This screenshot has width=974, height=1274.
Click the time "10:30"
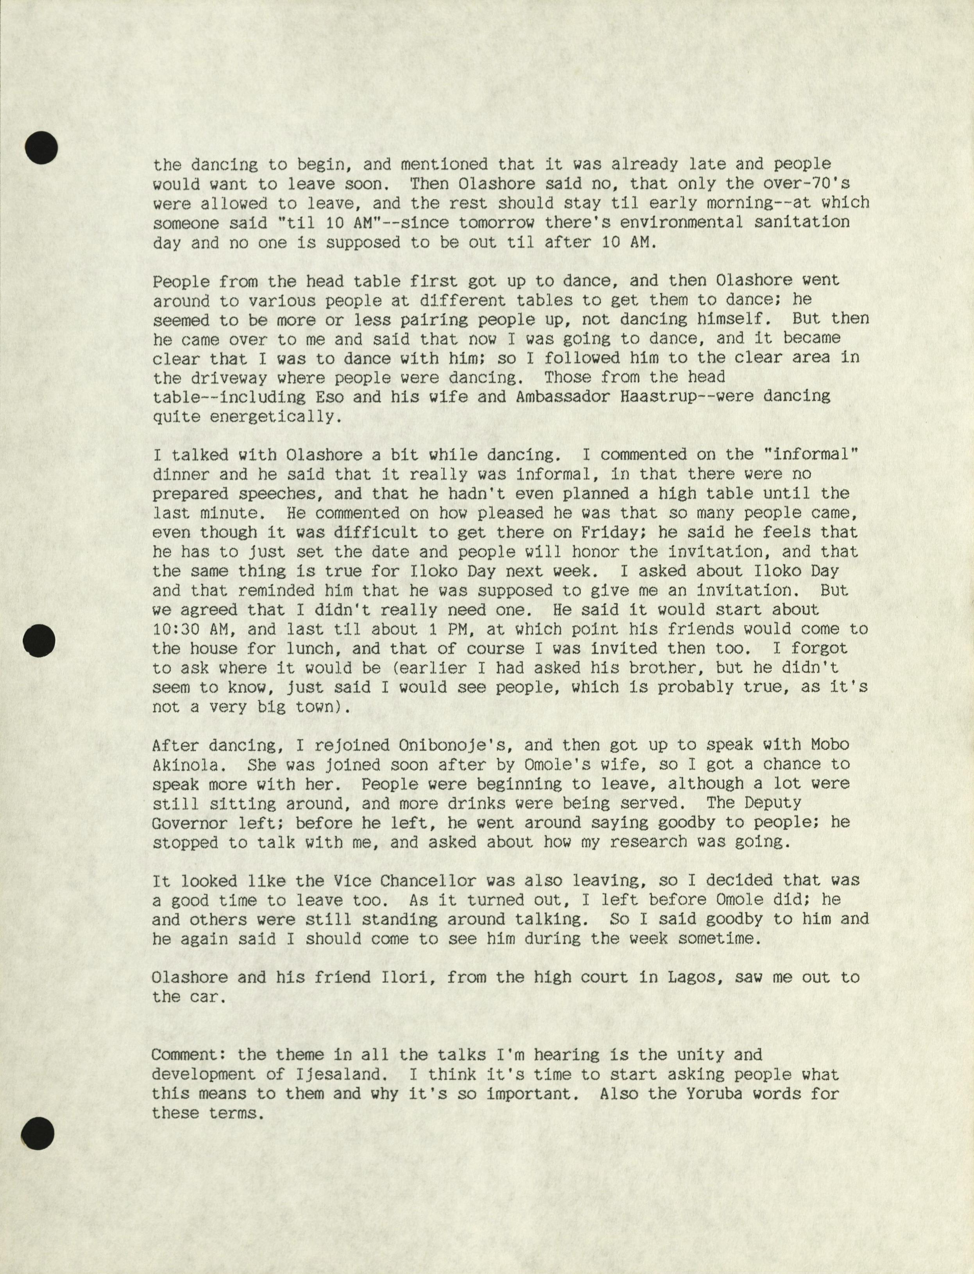point(177,629)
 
